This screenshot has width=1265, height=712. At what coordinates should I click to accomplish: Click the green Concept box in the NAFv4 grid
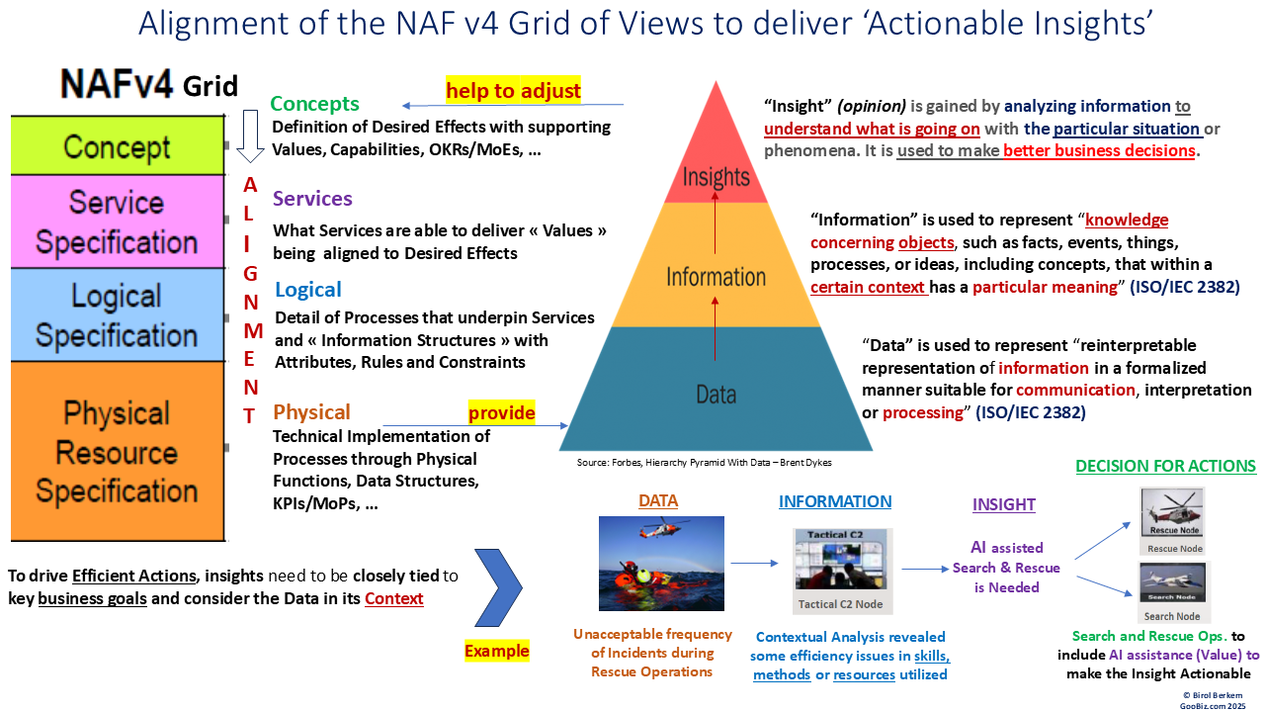tap(118, 145)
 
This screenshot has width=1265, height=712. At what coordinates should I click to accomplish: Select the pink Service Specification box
tap(118, 222)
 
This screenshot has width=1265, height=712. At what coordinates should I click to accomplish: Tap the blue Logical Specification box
tap(118, 315)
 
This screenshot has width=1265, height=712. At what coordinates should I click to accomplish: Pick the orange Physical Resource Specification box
tap(118, 451)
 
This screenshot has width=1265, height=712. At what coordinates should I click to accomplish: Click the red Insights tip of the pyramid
tap(716, 168)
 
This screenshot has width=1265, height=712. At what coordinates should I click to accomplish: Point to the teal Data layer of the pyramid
tap(716, 391)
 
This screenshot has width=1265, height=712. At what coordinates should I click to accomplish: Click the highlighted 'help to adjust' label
tap(513, 91)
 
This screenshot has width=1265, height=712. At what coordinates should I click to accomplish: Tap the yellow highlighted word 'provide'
tap(501, 412)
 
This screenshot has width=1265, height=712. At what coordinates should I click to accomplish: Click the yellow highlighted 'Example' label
tap(496, 651)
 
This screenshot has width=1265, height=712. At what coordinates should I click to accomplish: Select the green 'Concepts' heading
tap(314, 104)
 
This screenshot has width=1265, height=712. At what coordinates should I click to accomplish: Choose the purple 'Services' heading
tap(312, 199)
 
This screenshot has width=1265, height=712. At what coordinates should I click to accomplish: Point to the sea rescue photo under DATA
tap(661, 564)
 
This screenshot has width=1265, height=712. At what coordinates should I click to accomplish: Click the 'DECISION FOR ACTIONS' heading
tap(1165, 466)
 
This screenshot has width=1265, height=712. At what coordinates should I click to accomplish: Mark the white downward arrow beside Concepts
tap(251, 135)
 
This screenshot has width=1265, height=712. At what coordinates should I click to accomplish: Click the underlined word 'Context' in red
tap(393, 598)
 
